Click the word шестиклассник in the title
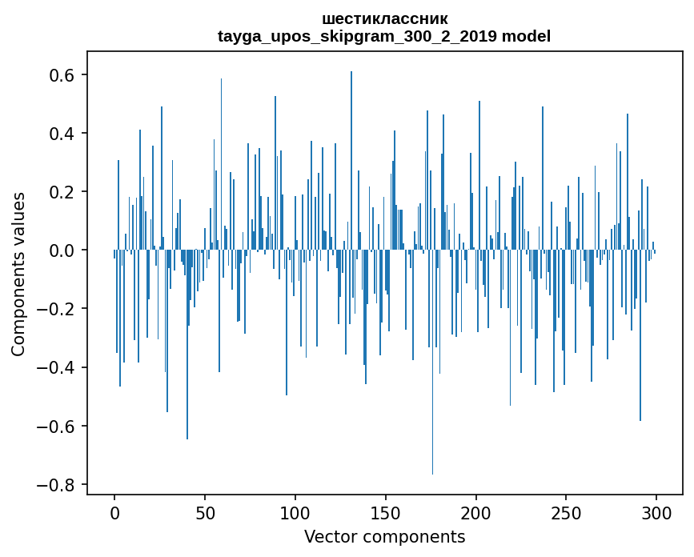[x=384, y=18]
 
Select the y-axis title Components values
[x=18, y=274]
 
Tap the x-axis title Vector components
[x=384, y=536]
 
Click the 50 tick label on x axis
[x=205, y=512]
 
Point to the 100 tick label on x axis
[x=295, y=512]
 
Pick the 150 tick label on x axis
[x=386, y=512]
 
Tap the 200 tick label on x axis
[x=476, y=512]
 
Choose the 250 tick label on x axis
[x=566, y=512]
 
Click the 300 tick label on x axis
[x=656, y=512]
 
